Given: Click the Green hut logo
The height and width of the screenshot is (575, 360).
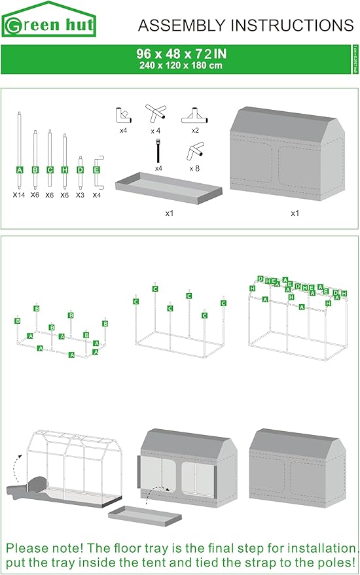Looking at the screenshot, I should [49, 23].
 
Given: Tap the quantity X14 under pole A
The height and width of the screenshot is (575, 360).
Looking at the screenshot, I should [20, 195].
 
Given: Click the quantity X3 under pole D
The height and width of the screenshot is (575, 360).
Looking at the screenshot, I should [81, 195].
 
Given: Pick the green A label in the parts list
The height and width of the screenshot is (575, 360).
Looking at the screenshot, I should [20, 170].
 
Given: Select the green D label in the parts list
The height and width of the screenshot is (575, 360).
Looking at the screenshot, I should [81, 170].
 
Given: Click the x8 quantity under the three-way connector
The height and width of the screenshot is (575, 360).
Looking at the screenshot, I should [194, 168].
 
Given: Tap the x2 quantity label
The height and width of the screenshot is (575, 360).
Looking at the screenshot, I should [194, 131].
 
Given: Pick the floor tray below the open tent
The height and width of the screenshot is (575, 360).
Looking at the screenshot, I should [145, 516].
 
